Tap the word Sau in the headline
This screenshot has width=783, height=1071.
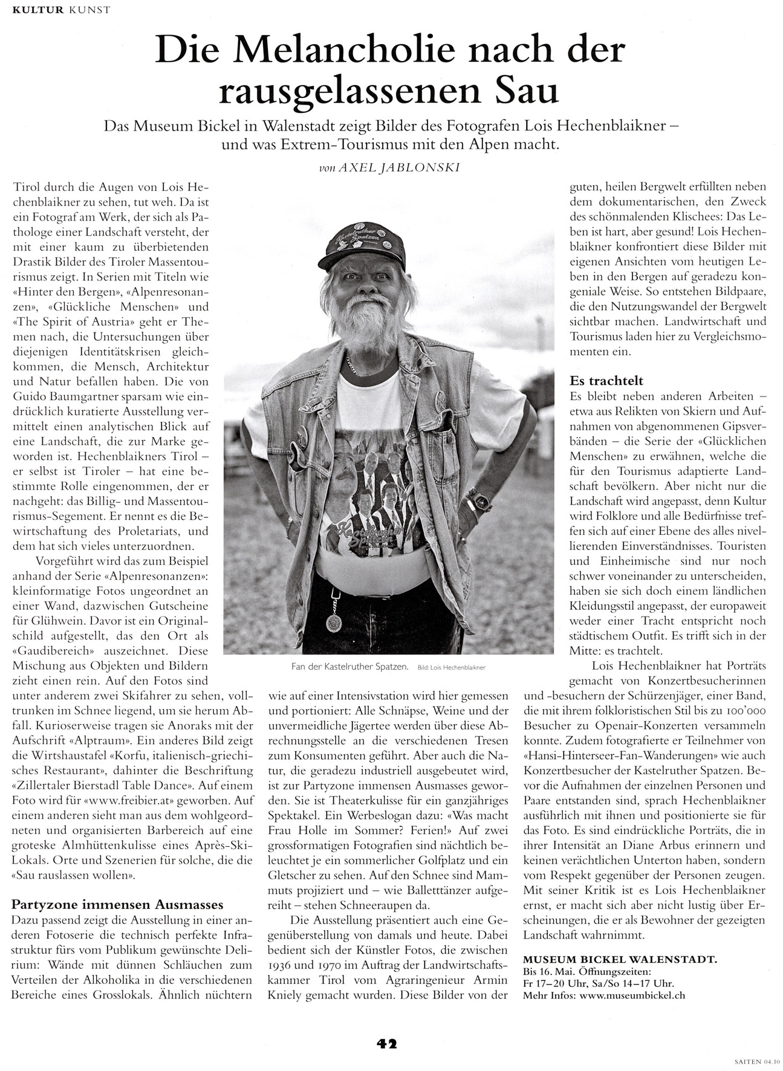525,91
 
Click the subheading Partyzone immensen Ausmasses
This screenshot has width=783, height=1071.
118,904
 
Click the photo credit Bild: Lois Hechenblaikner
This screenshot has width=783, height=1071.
452,668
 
